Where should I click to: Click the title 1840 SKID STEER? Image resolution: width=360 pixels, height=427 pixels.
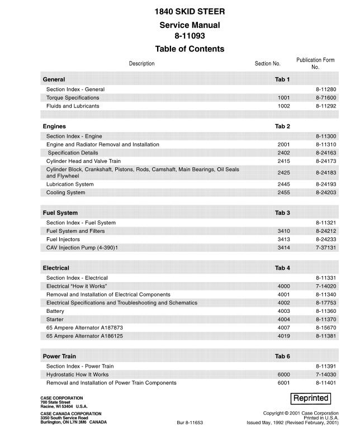(x=190, y=12)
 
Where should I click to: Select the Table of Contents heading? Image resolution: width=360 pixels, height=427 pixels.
(x=190, y=49)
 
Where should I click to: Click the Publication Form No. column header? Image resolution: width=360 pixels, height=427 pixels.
(x=315, y=63)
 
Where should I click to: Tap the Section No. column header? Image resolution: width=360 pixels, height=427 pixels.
(x=267, y=64)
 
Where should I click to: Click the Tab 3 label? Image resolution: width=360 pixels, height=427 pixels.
(x=282, y=213)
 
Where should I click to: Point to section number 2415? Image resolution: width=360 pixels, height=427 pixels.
(x=283, y=161)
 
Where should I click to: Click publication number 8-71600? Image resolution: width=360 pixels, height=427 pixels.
(x=325, y=98)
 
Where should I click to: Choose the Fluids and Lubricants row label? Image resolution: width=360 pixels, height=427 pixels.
(x=73, y=106)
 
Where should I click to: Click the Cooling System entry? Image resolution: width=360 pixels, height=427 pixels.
(x=66, y=193)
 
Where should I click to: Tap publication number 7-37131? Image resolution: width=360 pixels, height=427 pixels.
(x=325, y=247)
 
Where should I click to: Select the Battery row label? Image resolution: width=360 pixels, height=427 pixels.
(x=55, y=311)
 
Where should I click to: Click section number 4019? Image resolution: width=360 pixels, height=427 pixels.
(x=283, y=336)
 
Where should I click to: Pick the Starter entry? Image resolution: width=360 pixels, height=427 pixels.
(x=55, y=320)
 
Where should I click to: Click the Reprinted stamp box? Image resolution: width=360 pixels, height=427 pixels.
(x=311, y=398)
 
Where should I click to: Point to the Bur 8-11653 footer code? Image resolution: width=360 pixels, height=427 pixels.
(x=190, y=423)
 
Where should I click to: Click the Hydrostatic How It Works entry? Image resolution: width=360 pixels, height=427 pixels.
(x=78, y=374)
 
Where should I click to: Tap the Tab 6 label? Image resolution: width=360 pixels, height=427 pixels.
(x=282, y=356)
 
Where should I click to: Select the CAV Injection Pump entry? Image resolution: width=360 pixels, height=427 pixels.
(x=82, y=247)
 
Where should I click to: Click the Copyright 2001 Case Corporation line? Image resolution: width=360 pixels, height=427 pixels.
(x=301, y=412)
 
